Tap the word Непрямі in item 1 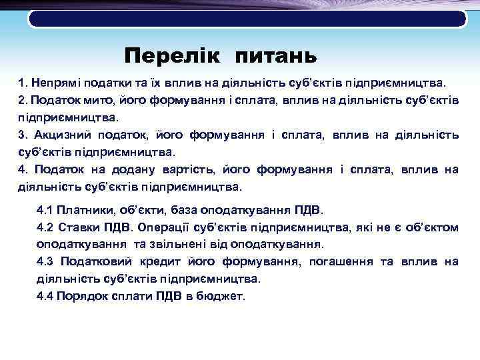pyautogui.click(x=57, y=83)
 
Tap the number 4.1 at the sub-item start pyautogui.click(x=45, y=211)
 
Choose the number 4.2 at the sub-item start pyautogui.click(x=45, y=228)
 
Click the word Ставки pyautogui.click(x=80, y=228)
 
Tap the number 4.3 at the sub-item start pyautogui.click(x=45, y=262)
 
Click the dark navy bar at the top pyautogui.click(x=247, y=18)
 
